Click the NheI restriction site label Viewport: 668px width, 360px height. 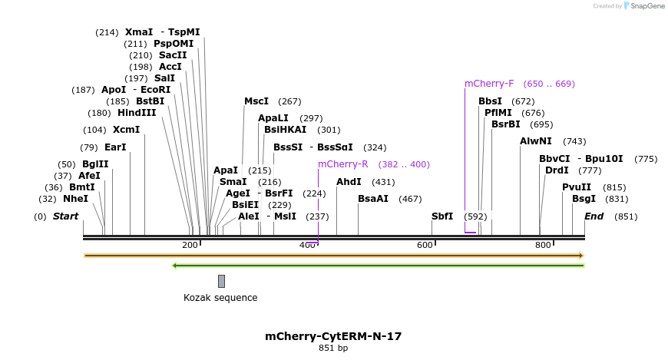tap(75, 199)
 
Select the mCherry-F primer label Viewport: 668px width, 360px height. tap(489, 84)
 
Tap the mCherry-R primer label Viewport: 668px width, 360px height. tap(343, 164)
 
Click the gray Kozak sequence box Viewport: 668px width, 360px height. tap(221, 281)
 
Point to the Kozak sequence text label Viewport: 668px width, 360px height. tap(220, 298)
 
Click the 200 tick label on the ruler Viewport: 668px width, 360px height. tap(189, 245)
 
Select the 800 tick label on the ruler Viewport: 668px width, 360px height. tap(543, 245)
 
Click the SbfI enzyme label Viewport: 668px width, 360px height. tap(442, 216)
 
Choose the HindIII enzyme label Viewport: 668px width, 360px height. tap(137, 113)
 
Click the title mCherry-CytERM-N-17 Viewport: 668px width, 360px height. tap(333, 336)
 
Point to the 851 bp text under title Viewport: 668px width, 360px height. tap(333, 348)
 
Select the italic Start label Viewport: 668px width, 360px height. tap(65, 216)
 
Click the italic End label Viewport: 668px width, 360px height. tap(594, 216)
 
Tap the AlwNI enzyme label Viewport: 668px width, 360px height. tap(536, 141)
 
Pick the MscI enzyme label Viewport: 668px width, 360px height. tap(256, 101)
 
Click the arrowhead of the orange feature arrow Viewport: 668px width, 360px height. tap(581, 256)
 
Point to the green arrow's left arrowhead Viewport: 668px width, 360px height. tap(175, 266)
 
